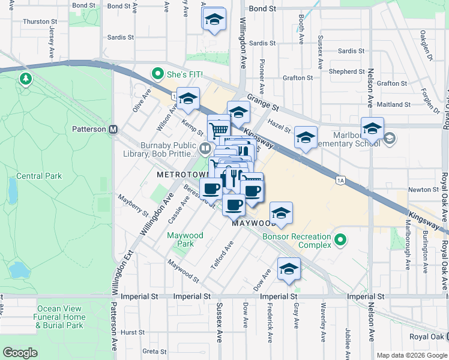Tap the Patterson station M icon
(112, 129)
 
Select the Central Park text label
(38, 176)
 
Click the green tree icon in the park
(26, 79)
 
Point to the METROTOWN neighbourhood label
(182, 175)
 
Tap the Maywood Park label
(185, 239)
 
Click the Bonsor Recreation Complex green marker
(340, 241)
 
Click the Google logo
(20, 352)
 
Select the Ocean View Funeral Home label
(59, 317)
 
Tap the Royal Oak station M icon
(445, 336)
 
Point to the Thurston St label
(40, 22)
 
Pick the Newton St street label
(424, 190)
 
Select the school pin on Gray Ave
(289, 269)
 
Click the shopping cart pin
(219, 128)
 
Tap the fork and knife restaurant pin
(234, 177)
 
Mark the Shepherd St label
(343, 71)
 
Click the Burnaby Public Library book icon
(205, 148)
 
